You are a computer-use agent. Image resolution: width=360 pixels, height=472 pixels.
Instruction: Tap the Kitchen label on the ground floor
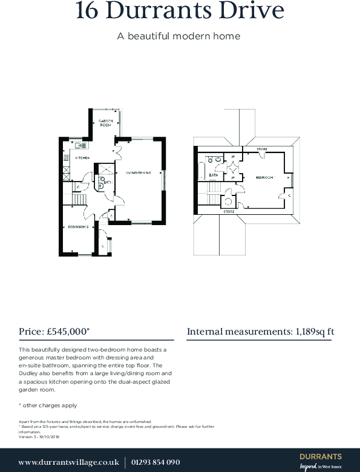coord(82,158)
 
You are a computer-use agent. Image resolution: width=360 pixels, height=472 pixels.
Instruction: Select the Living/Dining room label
coord(138,174)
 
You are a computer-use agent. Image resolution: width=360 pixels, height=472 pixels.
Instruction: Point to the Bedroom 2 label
coord(78,226)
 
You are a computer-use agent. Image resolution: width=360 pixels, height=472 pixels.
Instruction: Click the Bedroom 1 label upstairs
coord(264,178)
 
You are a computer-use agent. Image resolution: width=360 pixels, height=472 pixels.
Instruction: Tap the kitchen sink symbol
coord(80,145)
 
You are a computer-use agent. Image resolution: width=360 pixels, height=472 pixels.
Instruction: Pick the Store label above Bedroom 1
coord(261,149)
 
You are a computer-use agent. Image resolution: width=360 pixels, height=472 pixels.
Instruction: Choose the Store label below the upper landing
coord(229,212)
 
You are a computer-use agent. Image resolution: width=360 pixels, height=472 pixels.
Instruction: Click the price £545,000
coord(67,332)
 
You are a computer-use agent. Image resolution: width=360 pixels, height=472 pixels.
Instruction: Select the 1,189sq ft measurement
coord(314,332)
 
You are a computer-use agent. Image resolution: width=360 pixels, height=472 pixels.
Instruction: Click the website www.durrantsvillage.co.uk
coord(68,462)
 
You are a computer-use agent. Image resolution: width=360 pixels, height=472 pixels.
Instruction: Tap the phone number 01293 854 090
coord(155,462)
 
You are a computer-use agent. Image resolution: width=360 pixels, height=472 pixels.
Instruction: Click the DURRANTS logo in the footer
coord(320,457)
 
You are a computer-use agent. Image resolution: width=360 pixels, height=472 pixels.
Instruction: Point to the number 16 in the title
coord(88,11)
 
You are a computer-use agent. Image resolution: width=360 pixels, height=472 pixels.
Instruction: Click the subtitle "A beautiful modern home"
coord(178,36)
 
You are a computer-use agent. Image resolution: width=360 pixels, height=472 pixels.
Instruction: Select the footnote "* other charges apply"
coord(48,405)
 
